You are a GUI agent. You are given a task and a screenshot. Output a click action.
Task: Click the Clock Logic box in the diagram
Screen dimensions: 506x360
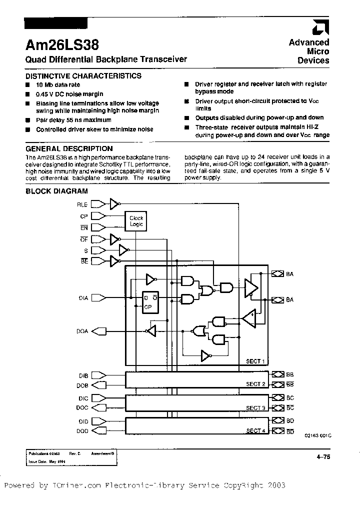coord(136,221)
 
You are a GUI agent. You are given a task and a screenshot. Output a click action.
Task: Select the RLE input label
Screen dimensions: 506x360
coord(82,204)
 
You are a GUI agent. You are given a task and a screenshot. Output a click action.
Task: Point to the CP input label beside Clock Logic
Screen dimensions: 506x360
coord(84,216)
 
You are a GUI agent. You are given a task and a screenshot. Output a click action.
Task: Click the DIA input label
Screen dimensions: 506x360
coord(83,298)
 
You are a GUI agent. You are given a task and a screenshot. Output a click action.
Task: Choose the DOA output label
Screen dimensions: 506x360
coord(82,330)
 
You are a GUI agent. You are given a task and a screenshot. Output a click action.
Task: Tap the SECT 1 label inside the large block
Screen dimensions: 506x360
coord(255,361)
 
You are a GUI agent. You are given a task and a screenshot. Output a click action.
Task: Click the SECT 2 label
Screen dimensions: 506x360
coord(255,384)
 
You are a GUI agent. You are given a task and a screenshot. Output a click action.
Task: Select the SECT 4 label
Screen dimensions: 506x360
coord(255,430)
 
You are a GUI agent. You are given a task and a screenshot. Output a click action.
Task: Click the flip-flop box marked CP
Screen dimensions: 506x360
coord(148,302)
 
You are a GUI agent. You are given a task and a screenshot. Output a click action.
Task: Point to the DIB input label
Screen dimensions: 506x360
coord(83,375)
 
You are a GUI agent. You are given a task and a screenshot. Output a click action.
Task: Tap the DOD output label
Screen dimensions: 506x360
coord(82,430)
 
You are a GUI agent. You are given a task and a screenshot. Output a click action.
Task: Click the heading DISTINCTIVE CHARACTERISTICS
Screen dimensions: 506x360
coord(83,76)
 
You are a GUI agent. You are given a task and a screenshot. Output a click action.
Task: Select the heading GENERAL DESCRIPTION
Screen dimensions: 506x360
coord(69,148)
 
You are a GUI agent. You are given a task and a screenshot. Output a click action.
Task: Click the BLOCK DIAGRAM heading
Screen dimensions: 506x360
coord(56,191)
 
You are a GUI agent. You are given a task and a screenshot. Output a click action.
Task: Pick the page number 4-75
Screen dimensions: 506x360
coord(322,456)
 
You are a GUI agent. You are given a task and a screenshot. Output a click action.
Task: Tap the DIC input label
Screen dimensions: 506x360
coord(83,398)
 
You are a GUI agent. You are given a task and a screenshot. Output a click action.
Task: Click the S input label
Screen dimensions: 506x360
coord(86,250)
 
